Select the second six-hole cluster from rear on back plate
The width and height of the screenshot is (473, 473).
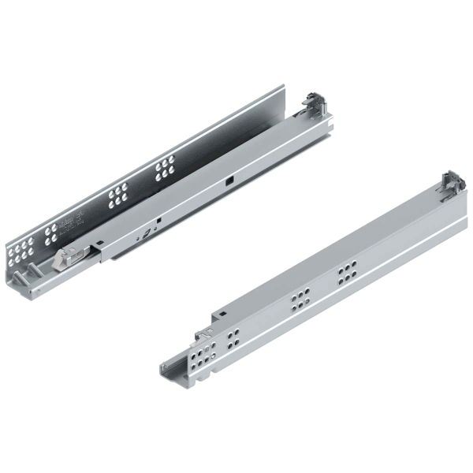[118, 195]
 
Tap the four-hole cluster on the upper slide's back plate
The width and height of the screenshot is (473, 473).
[52, 230]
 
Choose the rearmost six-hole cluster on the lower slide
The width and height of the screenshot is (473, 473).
[346, 274]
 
